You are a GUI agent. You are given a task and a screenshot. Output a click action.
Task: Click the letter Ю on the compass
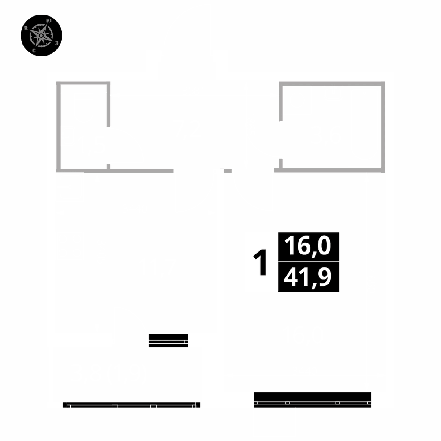coord(49,21)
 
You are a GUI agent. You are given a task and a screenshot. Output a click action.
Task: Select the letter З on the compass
coord(57,43)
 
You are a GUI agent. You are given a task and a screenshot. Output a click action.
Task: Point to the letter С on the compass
coord(34,51)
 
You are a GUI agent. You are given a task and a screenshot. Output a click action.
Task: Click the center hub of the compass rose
coord(41,35)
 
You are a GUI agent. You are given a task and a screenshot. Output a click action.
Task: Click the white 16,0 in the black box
coord(308,246)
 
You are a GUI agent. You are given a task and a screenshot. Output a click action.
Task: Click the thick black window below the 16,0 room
coord(312,399)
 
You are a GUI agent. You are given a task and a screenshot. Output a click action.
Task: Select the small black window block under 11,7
coord(168,340)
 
